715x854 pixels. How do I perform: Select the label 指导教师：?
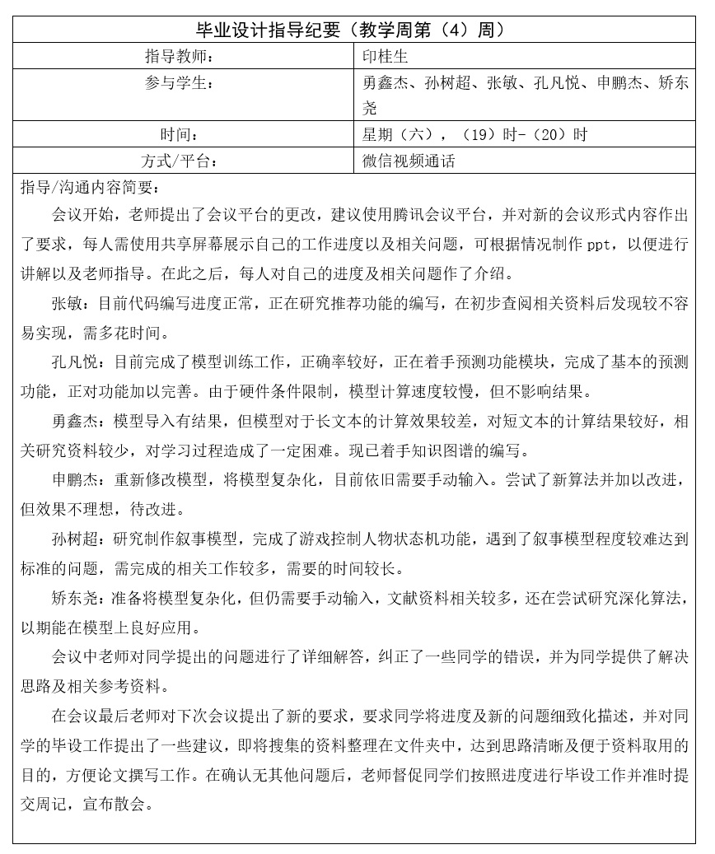pyautogui.click(x=179, y=57)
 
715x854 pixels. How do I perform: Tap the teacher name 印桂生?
pyautogui.click(x=386, y=57)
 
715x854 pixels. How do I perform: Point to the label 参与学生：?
pyautogui.click(x=179, y=83)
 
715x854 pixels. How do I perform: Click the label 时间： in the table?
pyautogui.click(x=179, y=135)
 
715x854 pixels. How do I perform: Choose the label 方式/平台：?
pyautogui.click(x=179, y=161)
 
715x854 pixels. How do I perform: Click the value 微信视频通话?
pyautogui.click(x=409, y=161)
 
